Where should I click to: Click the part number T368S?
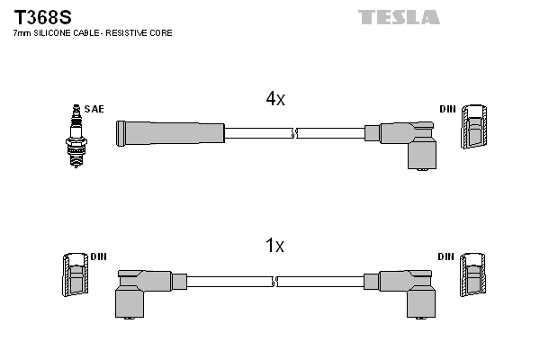42,16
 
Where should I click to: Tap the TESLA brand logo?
399,17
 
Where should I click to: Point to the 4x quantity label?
275,100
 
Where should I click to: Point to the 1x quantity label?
275,246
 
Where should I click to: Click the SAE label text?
94,109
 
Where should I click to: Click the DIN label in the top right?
447,109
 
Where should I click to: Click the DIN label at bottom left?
98,256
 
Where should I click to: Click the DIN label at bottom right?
446,256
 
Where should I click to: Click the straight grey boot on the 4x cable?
170,132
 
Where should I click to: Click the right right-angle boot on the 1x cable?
407,290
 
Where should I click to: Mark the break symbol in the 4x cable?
294,133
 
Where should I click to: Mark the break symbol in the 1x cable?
275,281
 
